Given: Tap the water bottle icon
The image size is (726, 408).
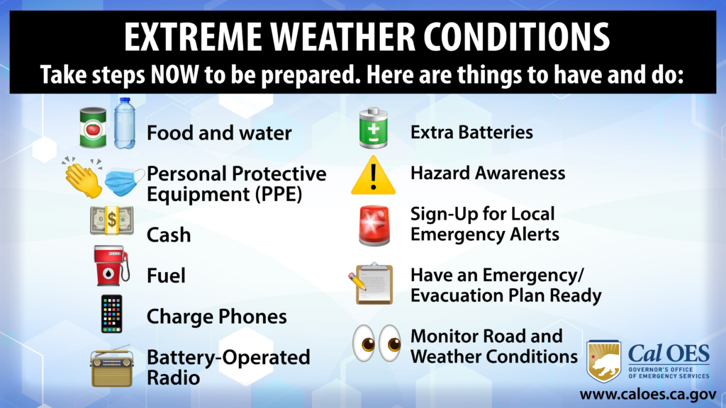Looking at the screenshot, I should (x=125, y=123).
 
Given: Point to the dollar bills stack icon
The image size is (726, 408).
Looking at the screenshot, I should (x=111, y=222).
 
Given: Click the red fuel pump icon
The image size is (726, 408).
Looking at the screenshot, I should (x=111, y=266).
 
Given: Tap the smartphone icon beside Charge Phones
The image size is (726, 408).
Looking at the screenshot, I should (x=111, y=314).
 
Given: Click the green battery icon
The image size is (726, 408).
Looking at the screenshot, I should (x=372, y=128).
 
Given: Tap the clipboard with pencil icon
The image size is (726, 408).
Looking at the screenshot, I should (x=371, y=283).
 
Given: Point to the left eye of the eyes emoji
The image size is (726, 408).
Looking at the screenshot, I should (x=365, y=343).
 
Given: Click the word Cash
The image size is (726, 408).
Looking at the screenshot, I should (x=169, y=234).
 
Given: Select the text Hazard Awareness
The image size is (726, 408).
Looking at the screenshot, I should (x=488, y=173).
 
